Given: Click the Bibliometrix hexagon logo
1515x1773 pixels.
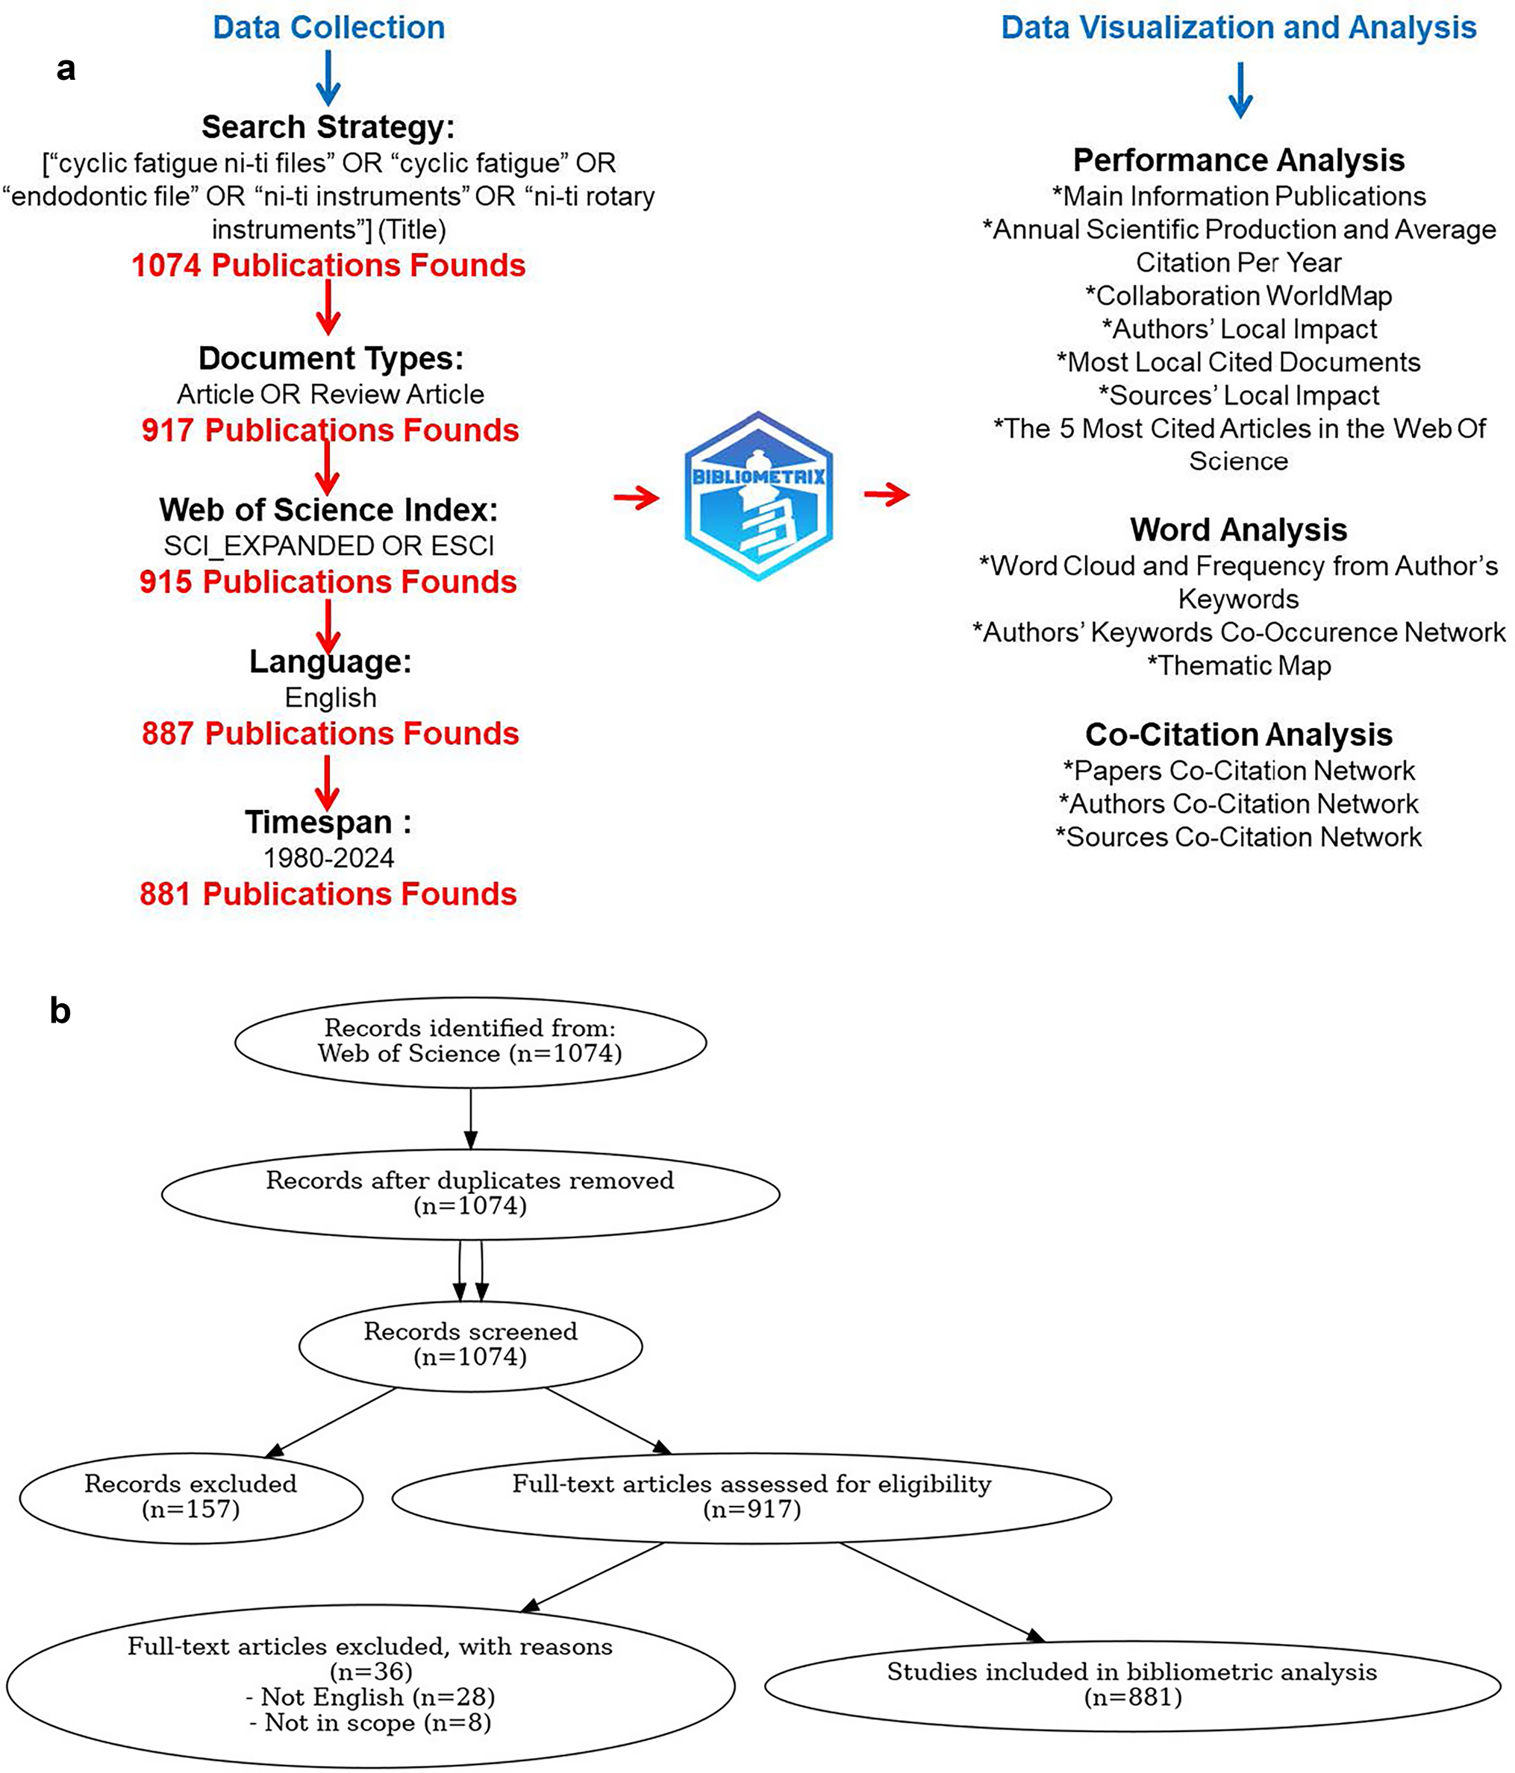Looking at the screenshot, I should click(758, 495).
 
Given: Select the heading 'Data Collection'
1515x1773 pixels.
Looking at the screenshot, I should click(328, 28).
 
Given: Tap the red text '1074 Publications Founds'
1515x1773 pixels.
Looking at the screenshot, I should click(328, 266).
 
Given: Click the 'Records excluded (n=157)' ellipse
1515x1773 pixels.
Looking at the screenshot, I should click(191, 1496).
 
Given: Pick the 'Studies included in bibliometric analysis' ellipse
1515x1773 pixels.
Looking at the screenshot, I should click(1131, 1684).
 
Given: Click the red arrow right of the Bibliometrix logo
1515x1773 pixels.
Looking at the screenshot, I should click(887, 494).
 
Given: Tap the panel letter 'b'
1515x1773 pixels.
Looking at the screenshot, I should click(60, 1011).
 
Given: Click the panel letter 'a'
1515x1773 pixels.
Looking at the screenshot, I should click(65, 69).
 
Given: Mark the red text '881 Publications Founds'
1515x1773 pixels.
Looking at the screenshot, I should click(328, 894).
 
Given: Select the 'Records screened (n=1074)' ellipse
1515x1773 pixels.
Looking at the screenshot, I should click(470, 1344).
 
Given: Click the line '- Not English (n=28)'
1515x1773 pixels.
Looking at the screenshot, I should click(369, 1697).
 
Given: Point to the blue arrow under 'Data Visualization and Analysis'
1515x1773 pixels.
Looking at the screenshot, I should click(1240, 90).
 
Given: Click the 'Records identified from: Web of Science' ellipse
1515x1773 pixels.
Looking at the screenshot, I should click(470, 1041).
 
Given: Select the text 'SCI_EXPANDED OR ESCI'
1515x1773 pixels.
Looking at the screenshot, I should click(328, 546).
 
